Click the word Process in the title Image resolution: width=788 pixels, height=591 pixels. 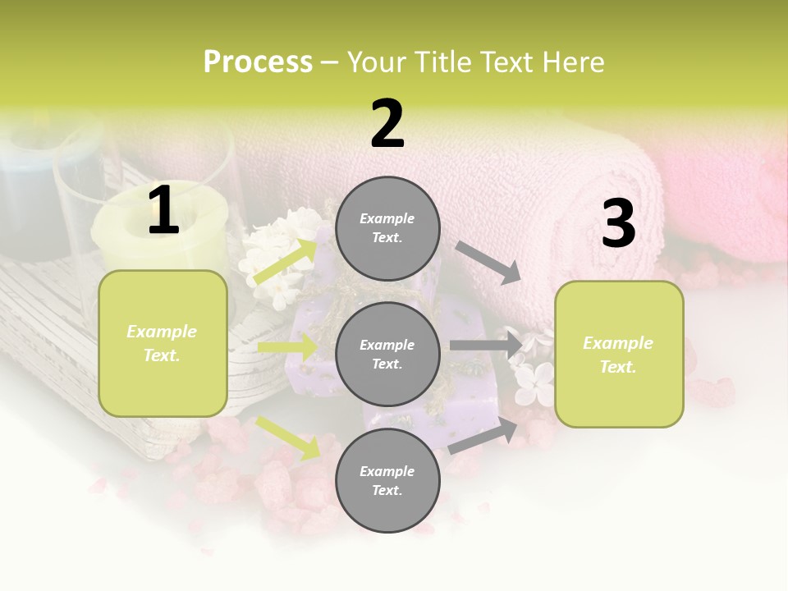click(258, 62)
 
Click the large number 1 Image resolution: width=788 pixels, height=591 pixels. click(163, 211)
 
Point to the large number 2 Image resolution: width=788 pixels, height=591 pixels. click(387, 124)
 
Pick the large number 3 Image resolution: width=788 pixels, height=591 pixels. click(618, 224)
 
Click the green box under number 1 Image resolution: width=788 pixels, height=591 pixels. click(163, 343)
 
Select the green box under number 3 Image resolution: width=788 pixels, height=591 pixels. click(619, 354)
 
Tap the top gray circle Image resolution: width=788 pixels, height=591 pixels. click(387, 228)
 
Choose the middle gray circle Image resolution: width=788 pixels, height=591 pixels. click(387, 354)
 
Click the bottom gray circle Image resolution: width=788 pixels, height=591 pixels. click(387, 480)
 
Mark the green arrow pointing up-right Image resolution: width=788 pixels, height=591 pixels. click(286, 261)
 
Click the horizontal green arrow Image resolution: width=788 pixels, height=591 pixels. click(287, 347)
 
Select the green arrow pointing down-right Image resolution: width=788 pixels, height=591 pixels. click(287, 438)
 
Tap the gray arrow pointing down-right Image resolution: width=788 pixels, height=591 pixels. click(488, 262)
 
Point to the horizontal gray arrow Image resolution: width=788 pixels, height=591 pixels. click(485, 346)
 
